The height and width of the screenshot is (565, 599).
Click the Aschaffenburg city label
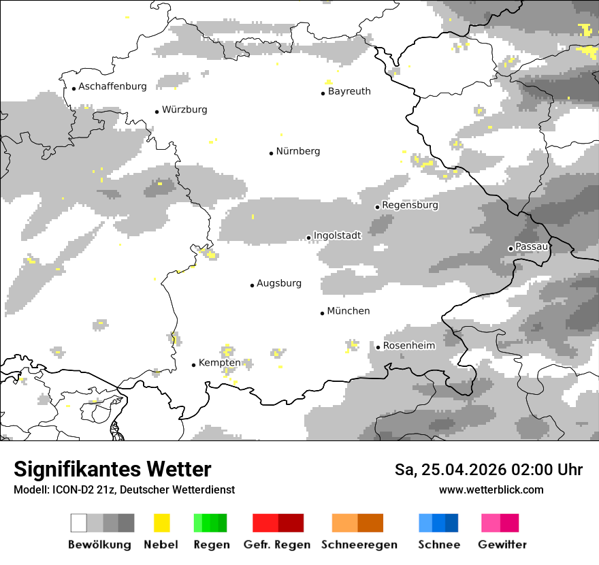coord(112,86)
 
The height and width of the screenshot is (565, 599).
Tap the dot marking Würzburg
coord(157,112)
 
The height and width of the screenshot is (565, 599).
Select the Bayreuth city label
coord(349,91)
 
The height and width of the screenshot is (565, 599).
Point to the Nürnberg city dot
coord(271,153)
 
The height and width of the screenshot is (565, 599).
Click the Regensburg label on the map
coord(410,205)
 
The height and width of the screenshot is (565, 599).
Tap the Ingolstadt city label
coord(337,235)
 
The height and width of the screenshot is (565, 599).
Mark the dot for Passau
coord(511,248)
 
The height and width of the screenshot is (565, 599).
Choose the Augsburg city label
coord(279,283)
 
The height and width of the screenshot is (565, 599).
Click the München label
coord(349,311)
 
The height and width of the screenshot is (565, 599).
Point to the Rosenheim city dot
coord(378,347)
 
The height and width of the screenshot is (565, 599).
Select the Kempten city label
coord(220,363)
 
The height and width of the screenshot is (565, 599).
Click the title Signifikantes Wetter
coord(112,469)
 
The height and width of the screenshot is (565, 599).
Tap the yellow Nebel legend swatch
coord(161,523)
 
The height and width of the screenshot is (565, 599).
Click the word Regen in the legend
coord(210,545)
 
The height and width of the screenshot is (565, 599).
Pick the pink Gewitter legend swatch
coord(500,523)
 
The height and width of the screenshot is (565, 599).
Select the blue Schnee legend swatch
coord(438,523)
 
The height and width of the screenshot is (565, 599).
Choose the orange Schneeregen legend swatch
coord(358,523)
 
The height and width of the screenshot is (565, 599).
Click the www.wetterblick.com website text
coord(491,489)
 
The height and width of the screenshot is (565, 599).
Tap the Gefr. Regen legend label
coord(277,545)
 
